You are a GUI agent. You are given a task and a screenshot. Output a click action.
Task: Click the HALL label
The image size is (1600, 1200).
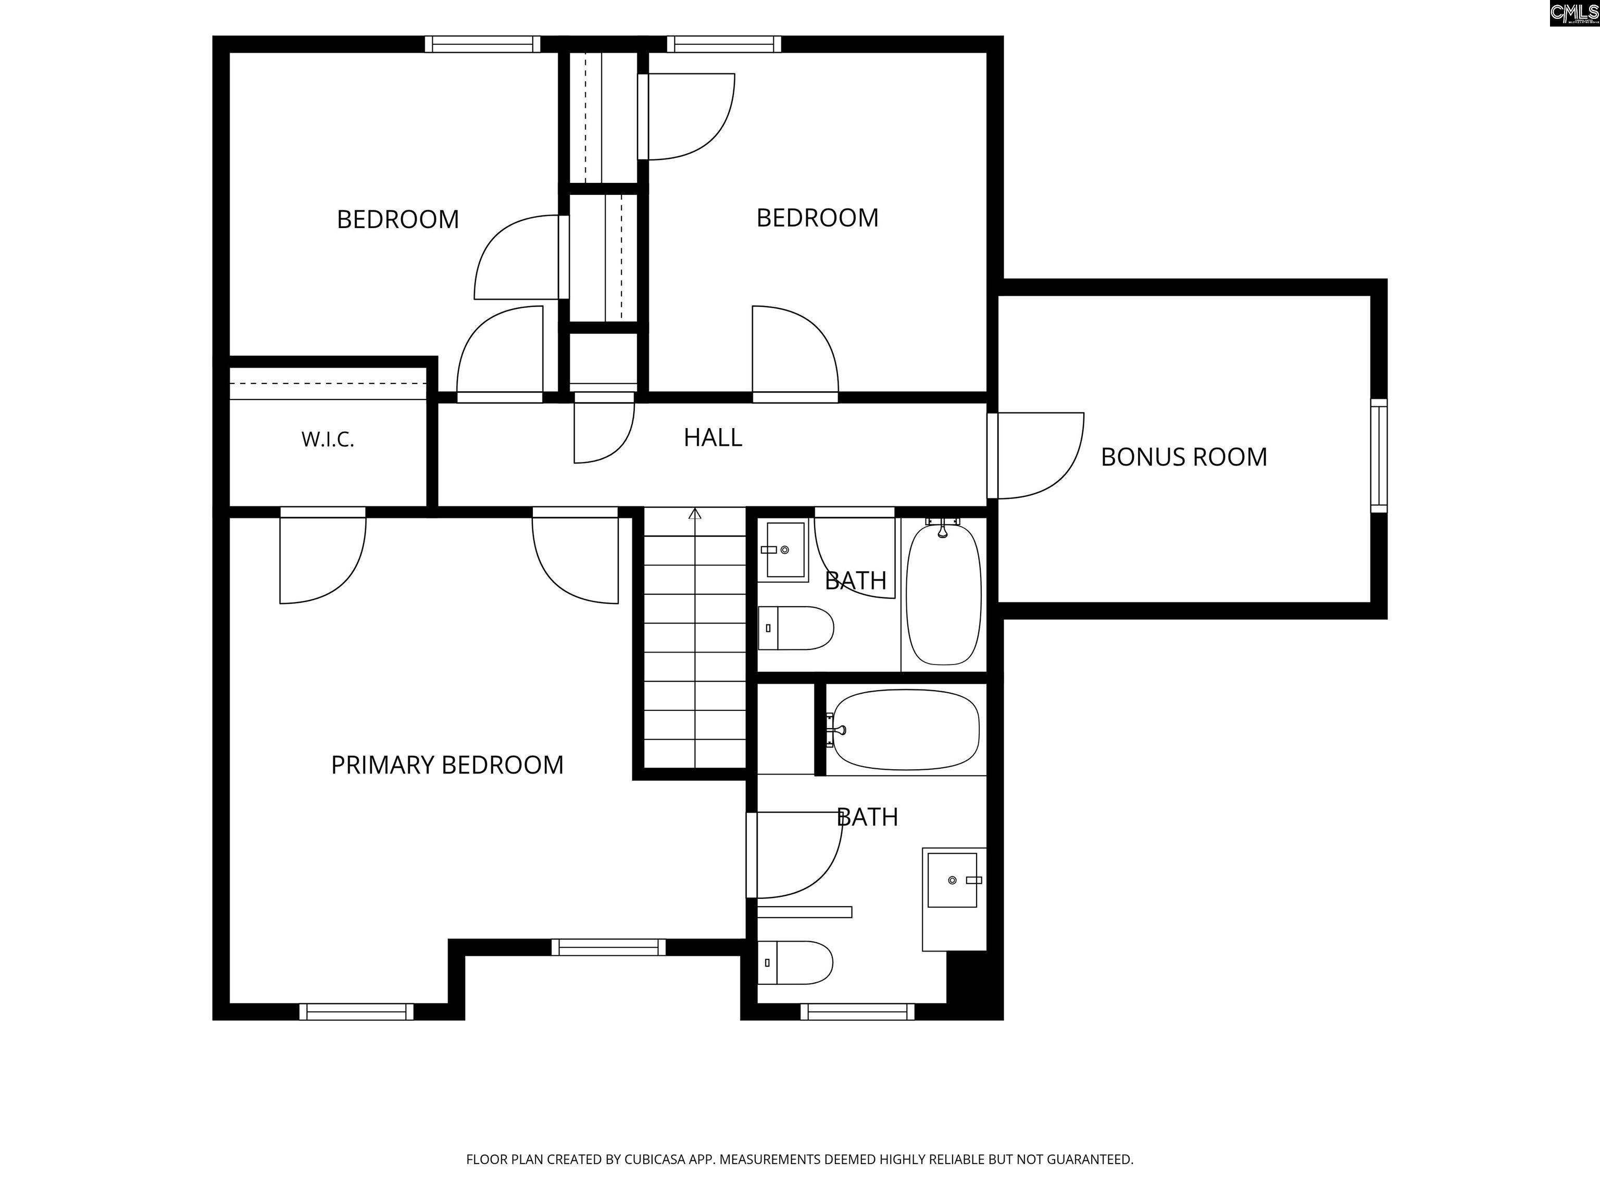[712, 438]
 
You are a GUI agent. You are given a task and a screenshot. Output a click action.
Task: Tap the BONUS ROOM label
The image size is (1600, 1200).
[1184, 457]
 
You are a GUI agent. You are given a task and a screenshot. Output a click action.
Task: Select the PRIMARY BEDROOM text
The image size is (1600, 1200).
[447, 765]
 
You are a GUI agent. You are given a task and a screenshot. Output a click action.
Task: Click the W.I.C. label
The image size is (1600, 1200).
[328, 440]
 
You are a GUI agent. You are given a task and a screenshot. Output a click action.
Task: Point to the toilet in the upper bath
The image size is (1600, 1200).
[796, 628]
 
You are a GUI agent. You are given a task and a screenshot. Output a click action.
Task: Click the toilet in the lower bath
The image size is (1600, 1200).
[795, 963]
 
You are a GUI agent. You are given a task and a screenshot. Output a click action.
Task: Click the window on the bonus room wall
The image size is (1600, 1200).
[1379, 456]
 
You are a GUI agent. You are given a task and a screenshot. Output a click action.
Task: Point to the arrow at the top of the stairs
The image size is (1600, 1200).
[695, 514]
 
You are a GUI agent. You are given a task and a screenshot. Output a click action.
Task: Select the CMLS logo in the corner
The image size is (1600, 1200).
[1574, 13]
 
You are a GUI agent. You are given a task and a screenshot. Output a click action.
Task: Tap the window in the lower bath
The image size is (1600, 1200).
[857, 1012]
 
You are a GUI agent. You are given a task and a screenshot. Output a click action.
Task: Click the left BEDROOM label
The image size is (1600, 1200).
[398, 220]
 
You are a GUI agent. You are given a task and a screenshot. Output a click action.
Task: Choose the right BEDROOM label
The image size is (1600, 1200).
[817, 218]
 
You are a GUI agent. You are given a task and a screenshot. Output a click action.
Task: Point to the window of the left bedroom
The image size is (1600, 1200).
[482, 44]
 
